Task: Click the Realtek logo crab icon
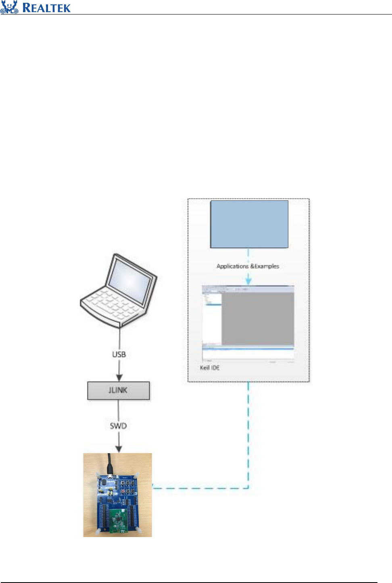pos(9,7)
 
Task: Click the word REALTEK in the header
pos(46,8)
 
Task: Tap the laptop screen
pos(130,280)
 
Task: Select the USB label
pos(119,354)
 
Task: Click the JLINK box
pos(119,390)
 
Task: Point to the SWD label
pos(118,426)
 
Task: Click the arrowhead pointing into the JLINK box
pos(119,378)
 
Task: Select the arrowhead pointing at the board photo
pos(119,449)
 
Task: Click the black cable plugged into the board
pos(110,464)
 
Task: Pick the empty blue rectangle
pos(249,224)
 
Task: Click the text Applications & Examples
pos(248,266)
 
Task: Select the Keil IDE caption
pos(210,368)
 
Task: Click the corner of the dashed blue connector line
pos(248,488)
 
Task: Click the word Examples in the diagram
pos(267,266)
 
